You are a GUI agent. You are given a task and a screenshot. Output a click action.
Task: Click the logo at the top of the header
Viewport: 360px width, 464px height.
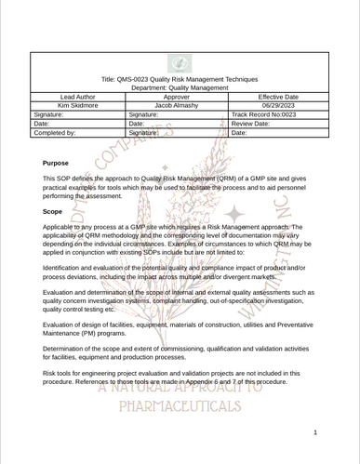180,63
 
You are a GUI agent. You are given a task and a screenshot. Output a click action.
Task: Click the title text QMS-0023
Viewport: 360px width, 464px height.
180,80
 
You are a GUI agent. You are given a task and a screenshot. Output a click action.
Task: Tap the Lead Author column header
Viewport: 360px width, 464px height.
77,97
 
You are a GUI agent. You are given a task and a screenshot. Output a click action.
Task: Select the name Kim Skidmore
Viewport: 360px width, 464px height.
77,105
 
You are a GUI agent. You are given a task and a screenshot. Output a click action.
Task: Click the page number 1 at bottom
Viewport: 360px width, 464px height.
316,432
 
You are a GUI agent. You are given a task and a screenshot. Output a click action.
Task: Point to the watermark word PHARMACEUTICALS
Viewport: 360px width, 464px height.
180,406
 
